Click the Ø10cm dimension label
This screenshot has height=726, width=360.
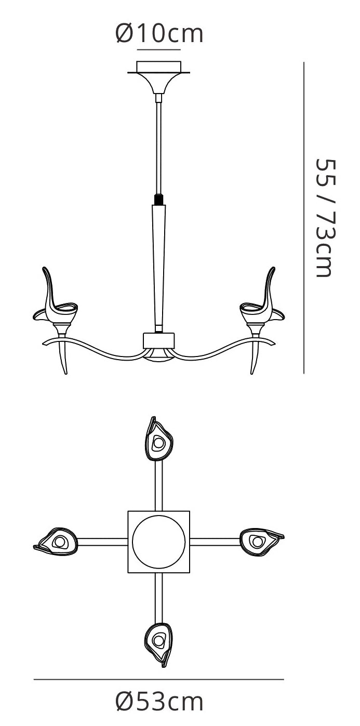coord(159,33)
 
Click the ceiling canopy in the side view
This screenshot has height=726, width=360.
coord(159,77)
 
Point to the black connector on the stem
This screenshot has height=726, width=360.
coord(158,200)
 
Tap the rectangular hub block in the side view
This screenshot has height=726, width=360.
coord(159,340)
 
